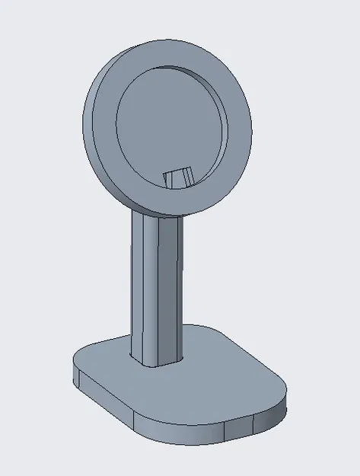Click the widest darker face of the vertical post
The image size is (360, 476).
(170, 289)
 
